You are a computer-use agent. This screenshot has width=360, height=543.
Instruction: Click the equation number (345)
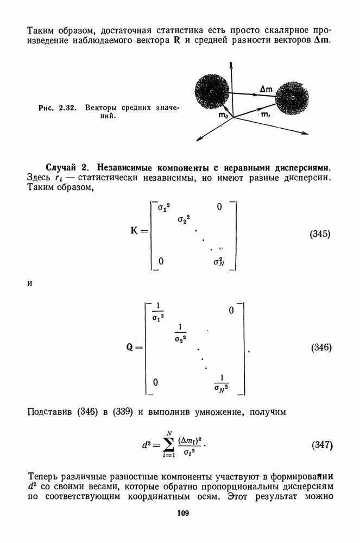tap(320, 235)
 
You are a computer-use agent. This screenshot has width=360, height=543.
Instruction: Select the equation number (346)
tap(321, 348)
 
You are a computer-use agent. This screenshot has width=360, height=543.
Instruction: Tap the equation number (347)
tap(323, 445)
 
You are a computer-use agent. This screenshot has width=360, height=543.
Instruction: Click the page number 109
tap(183, 513)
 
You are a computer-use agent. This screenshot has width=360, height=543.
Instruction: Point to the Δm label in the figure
tap(266, 90)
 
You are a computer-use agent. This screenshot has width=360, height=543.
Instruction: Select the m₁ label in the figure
tap(266, 115)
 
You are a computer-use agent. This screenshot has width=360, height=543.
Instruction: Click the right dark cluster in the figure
tap(293, 98)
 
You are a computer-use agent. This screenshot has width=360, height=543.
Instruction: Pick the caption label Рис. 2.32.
tap(57, 108)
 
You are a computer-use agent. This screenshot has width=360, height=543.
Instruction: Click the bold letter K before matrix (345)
tap(134, 230)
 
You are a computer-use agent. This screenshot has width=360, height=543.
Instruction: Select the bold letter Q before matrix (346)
tap(129, 347)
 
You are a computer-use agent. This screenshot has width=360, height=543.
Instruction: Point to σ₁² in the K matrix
tap(163, 207)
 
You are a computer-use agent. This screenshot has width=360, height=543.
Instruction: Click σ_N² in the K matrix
tap(219, 262)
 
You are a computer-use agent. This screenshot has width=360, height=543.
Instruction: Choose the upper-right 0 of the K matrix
tap(219, 207)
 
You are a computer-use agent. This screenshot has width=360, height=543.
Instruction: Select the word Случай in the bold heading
tap(61, 168)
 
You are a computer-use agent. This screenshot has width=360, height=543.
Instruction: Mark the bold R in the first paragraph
tap(176, 41)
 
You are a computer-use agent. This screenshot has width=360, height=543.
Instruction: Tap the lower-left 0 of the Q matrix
tap(155, 382)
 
